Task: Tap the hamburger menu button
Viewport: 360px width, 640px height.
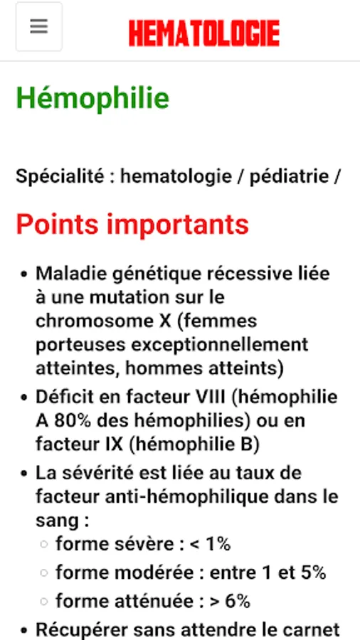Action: (39, 27)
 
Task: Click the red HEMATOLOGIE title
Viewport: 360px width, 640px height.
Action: (204, 33)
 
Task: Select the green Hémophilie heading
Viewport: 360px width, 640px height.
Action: (92, 98)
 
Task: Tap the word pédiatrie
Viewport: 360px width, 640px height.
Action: (289, 176)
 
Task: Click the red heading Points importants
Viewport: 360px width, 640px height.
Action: (132, 225)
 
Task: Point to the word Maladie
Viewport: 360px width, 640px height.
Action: (68, 273)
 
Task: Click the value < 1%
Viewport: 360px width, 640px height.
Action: (210, 544)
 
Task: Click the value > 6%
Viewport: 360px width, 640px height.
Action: (229, 601)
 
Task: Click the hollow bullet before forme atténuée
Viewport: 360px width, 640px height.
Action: (44, 601)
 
